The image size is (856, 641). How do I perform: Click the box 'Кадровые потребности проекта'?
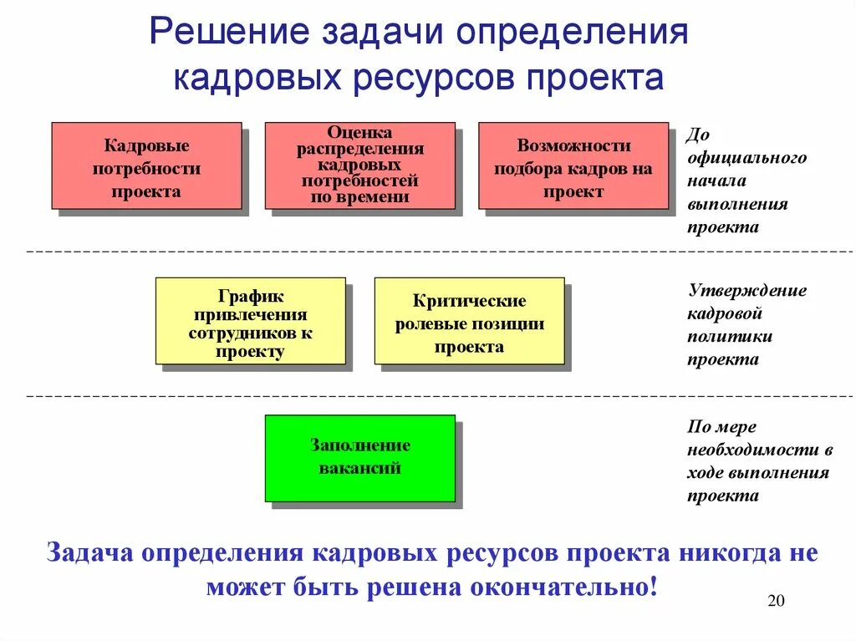[x=146, y=165]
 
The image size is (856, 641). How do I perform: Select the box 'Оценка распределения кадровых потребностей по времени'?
[x=359, y=165]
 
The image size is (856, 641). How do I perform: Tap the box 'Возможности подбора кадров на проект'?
[x=573, y=165]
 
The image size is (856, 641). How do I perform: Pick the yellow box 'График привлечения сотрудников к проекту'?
[x=251, y=321]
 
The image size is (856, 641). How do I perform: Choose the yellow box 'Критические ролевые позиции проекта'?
[x=469, y=321]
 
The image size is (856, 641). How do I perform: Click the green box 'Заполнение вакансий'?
[x=360, y=458]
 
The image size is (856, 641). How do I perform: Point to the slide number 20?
[x=776, y=603]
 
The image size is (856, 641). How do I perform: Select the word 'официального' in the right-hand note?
[x=747, y=157]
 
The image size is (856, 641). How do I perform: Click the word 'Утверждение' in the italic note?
[x=747, y=291]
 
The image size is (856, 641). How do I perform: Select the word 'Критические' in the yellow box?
[x=469, y=301]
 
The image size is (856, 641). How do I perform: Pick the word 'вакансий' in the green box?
[x=360, y=468]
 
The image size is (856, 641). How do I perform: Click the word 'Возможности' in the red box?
[x=573, y=145]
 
